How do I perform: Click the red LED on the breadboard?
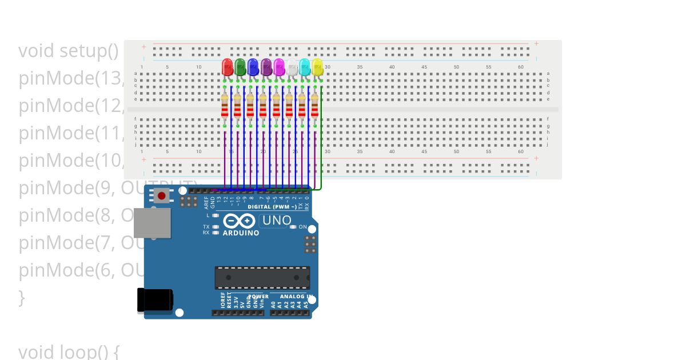pyautogui.click(x=227, y=67)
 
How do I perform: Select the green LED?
pyautogui.click(x=240, y=67)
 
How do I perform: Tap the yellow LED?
pyautogui.click(x=317, y=67)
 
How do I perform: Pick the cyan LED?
pyautogui.click(x=305, y=67)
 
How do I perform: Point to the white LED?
pyautogui.click(x=292, y=67)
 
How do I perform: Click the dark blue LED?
pyautogui.click(x=253, y=67)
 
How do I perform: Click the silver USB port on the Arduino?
pyautogui.click(x=152, y=223)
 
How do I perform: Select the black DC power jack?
pyautogui.click(x=154, y=300)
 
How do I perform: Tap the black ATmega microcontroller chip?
pyautogui.click(x=262, y=277)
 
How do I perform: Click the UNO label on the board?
pyautogui.click(x=277, y=221)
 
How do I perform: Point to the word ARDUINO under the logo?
pyautogui.click(x=241, y=233)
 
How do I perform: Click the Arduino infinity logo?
pyautogui.click(x=240, y=221)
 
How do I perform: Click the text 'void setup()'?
pyautogui.click(x=69, y=51)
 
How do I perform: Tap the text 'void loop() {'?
pyautogui.click(x=69, y=351)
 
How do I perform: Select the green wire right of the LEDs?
pyautogui.click(x=322, y=143)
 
